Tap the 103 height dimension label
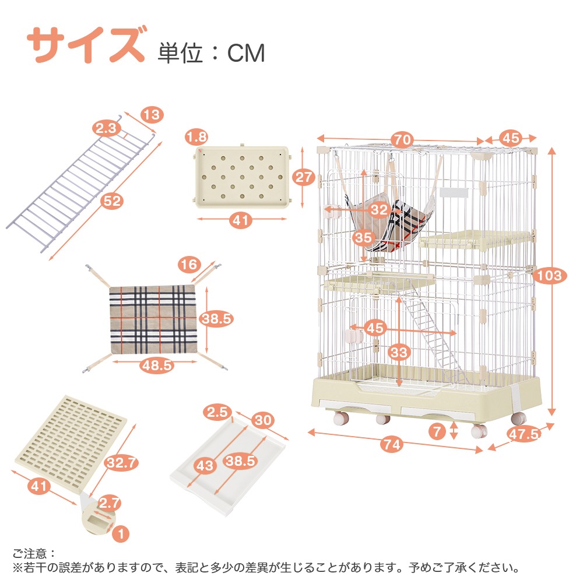click(549, 275)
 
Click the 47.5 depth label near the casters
click(522, 434)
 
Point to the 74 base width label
click(393, 444)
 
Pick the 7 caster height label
click(436, 432)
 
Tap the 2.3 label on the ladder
click(106, 128)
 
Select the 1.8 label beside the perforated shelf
click(196, 137)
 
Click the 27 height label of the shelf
click(304, 177)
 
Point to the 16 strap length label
click(189, 265)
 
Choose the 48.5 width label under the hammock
click(156, 365)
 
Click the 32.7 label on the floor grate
click(121, 463)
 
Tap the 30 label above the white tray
click(264, 420)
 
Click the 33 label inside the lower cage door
click(399, 352)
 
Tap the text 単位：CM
click(211, 53)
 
